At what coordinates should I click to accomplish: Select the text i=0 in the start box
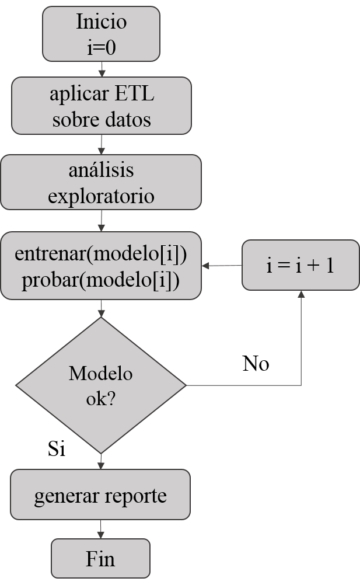point(102,47)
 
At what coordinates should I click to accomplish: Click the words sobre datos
point(102,119)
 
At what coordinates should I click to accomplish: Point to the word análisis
point(101,170)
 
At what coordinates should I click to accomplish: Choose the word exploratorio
point(101,196)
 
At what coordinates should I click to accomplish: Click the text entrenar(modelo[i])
point(101,254)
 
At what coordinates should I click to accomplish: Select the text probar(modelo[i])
point(101,280)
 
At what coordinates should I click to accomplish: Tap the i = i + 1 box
point(300,266)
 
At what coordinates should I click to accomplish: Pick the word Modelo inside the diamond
point(101,373)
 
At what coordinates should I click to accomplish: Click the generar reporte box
point(101,495)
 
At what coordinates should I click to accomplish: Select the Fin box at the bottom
point(101,559)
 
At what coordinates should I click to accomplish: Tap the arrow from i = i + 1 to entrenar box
point(222,266)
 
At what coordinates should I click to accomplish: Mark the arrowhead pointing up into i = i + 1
point(301,295)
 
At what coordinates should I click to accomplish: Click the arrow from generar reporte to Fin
point(101,530)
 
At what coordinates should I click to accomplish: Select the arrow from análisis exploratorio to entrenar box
point(102,221)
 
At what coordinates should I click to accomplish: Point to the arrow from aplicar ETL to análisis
point(102,144)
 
